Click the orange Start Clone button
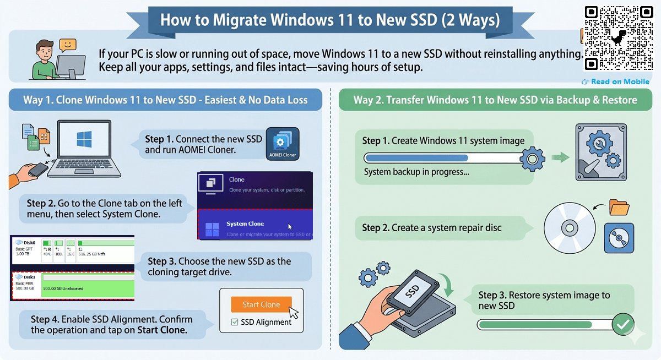[261, 304]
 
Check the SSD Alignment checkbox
[235, 322]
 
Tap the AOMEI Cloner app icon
[283, 144]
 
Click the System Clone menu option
[245, 224]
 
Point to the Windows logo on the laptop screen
[84, 138]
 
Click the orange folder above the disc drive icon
[619, 208]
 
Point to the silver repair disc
[569, 227]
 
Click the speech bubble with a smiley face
[67, 45]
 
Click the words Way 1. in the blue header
[38, 100]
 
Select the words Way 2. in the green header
[369, 100]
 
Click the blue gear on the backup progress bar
[532, 160]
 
